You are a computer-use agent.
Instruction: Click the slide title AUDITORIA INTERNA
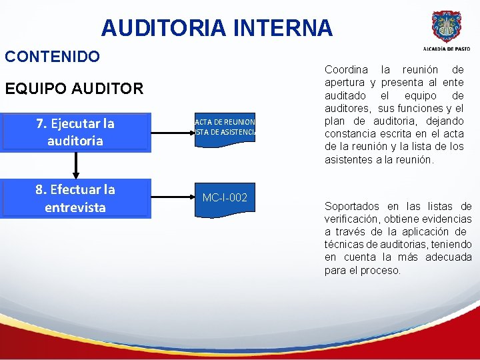click(x=217, y=27)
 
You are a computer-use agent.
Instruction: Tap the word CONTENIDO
click(x=53, y=56)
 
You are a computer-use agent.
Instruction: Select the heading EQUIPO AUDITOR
click(x=74, y=88)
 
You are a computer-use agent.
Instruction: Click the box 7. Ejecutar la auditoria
click(x=75, y=132)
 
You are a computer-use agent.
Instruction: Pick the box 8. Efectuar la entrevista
click(x=75, y=198)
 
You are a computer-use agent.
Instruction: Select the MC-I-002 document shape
click(x=225, y=197)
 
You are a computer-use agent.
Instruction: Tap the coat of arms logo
click(x=445, y=27)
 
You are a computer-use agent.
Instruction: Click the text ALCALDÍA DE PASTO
click(x=445, y=49)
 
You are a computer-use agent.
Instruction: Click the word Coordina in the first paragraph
click(x=346, y=70)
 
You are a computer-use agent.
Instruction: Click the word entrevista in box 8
click(x=75, y=207)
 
